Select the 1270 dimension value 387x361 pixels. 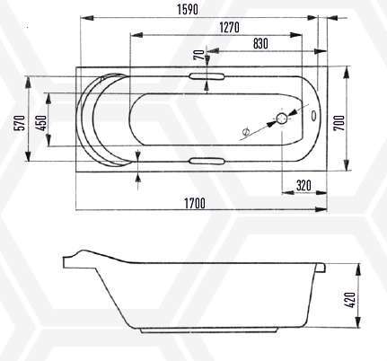click(x=228, y=28)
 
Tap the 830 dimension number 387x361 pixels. click(x=259, y=43)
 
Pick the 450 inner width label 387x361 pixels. click(x=40, y=123)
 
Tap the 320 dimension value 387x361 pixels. click(x=303, y=185)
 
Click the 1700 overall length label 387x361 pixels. click(x=193, y=203)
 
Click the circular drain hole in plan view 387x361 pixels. click(x=282, y=118)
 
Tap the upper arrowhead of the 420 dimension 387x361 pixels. click(x=350, y=267)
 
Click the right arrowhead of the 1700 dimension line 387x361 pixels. click(x=322, y=209)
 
